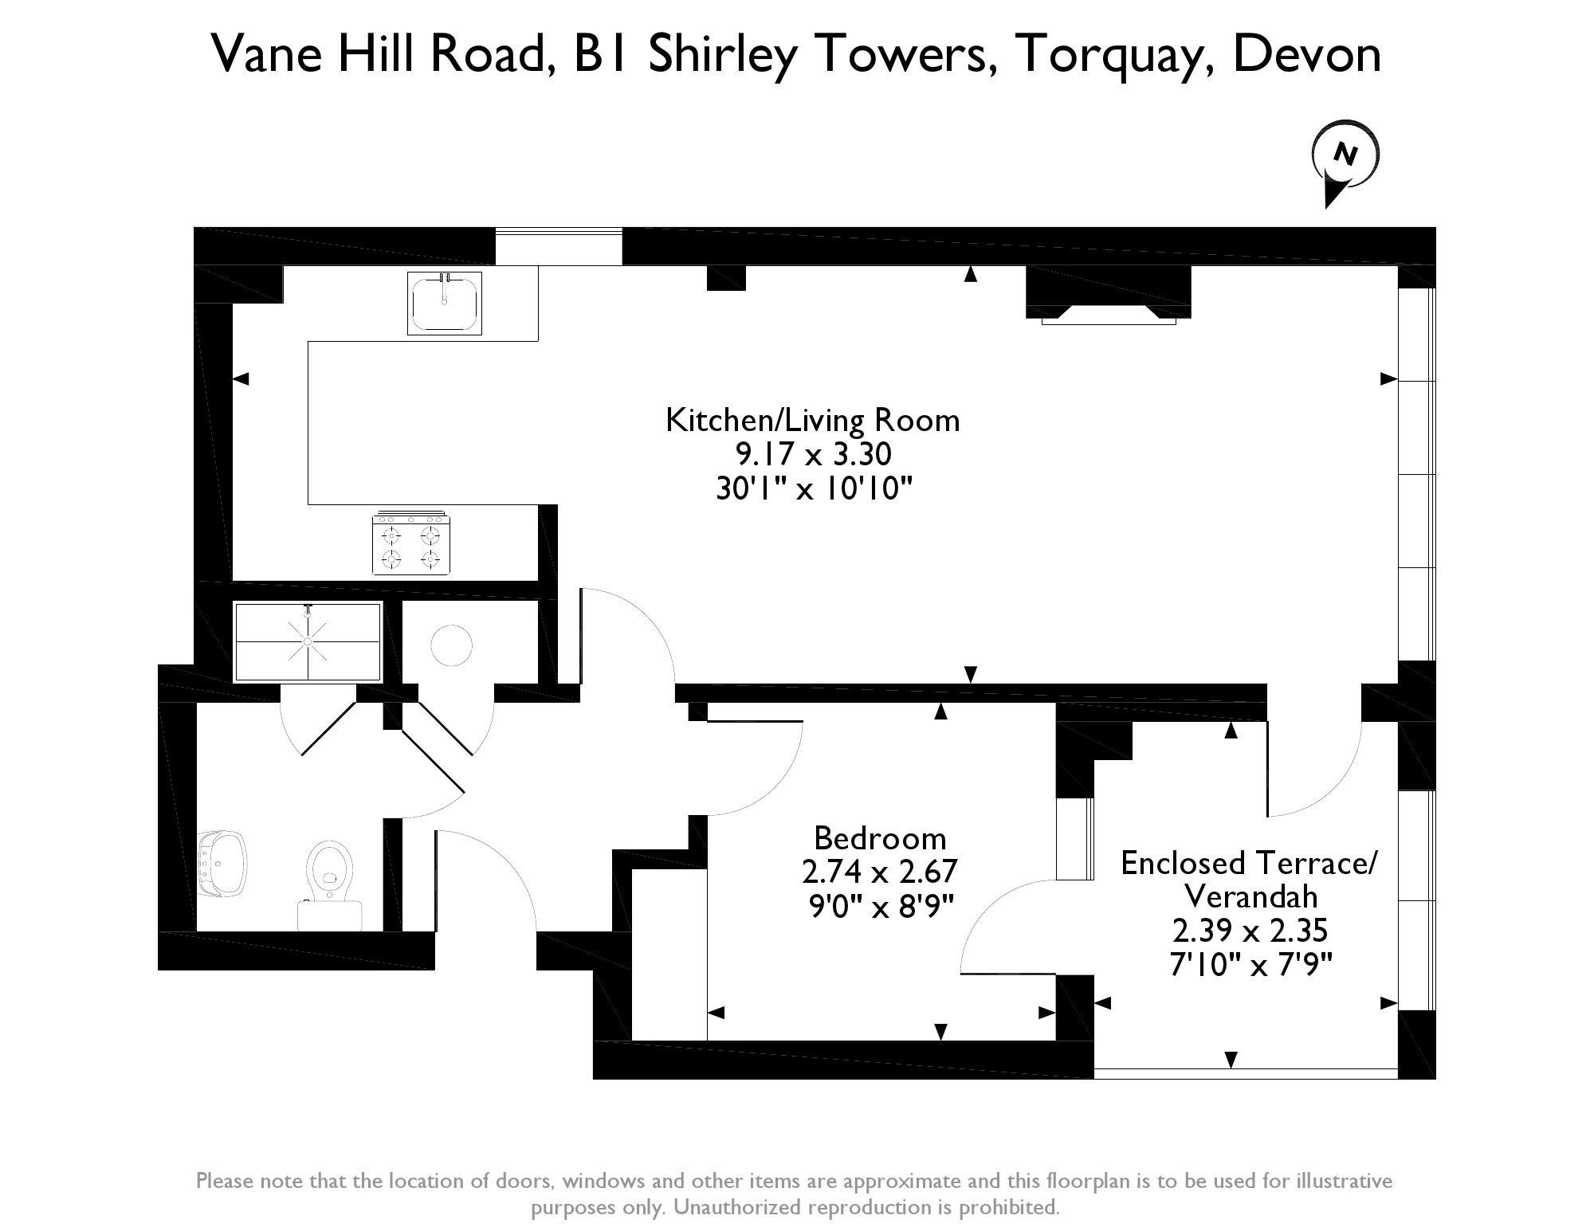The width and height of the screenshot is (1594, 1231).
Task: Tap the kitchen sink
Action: [445, 303]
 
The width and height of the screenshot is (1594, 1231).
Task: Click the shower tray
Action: [308, 642]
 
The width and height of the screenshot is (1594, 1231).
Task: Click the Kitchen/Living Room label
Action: [812, 420]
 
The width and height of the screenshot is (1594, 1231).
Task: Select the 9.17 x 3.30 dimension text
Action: [812, 454]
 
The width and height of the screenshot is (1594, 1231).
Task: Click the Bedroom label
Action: [880, 838]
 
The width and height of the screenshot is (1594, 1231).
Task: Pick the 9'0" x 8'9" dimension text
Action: [880, 906]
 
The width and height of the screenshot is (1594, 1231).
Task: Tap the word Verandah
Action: [1250, 897]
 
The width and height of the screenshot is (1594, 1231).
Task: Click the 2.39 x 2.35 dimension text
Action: [1250, 931]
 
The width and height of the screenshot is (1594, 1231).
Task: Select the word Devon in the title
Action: [1307, 54]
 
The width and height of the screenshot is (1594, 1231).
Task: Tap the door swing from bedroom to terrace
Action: [1000, 924]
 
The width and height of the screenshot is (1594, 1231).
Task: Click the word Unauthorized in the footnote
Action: [733, 1207]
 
